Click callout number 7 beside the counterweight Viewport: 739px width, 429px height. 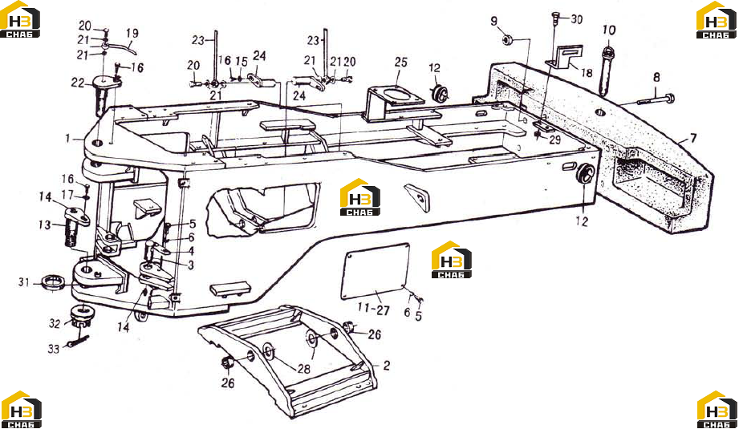692,139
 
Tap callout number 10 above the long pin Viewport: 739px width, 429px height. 609,30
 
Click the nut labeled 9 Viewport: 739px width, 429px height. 507,40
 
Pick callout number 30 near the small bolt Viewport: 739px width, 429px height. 577,19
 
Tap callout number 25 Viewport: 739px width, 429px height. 400,63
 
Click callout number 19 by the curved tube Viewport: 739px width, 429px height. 132,34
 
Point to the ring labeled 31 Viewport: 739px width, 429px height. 54,282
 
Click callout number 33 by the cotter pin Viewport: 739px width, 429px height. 53,349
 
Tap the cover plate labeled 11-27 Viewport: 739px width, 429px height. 376,271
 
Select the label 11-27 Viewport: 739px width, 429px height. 373,310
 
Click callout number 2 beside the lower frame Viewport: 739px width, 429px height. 387,366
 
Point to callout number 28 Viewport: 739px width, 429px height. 304,368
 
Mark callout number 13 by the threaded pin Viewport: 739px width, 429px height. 45,225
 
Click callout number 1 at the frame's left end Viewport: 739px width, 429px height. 67,139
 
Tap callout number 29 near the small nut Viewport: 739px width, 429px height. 554,140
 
